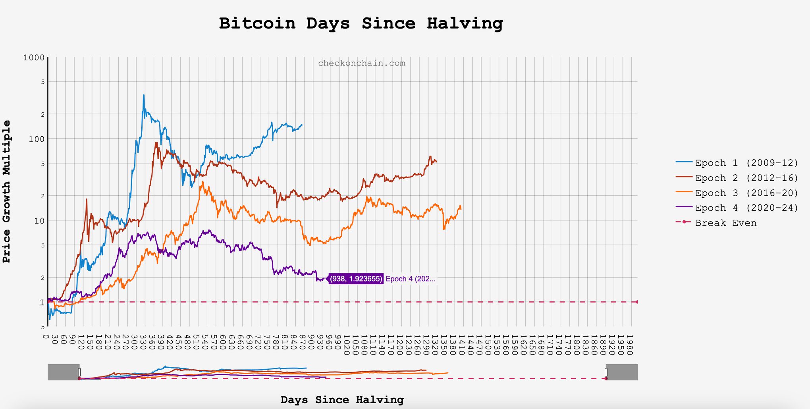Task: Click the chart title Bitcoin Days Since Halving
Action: (x=361, y=23)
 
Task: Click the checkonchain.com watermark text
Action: (x=362, y=63)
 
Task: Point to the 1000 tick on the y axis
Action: (x=34, y=58)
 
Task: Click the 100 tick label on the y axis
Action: (x=37, y=139)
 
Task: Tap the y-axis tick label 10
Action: (x=39, y=221)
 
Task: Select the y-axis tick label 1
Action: (x=42, y=303)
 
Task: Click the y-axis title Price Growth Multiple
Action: (x=7, y=191)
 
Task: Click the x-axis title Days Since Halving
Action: (x=342, y=399)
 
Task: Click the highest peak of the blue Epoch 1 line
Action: (x=144, y=95)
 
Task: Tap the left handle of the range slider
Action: (x=79, y=372)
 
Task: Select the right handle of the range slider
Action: (x=606, y=372)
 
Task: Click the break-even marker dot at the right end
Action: (x=637, y=302)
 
